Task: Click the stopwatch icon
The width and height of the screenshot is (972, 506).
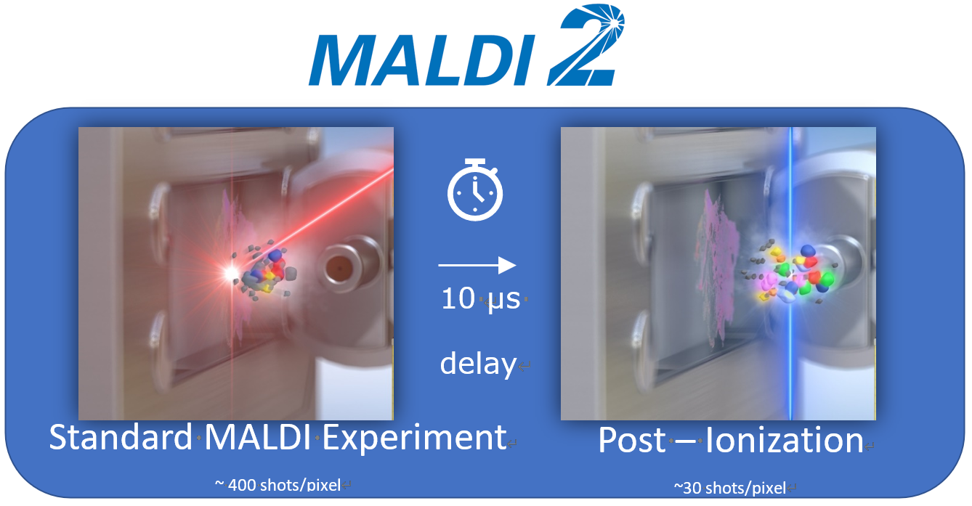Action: (x=475, y=190)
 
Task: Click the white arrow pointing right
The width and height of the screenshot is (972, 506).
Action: (x=477, y=265)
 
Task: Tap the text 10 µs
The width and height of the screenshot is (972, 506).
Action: (x=481, y=298)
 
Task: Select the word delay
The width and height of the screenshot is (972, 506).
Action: (x=478, y=364)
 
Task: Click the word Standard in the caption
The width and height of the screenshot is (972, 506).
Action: (x=120, y=437)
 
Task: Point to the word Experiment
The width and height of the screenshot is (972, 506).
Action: (x=414, y=438)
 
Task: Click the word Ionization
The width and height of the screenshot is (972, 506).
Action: (x=785, y=441)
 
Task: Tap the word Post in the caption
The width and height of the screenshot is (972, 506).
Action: (x=632, y=441)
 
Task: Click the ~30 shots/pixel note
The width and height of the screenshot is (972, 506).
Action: (x=730, y=488)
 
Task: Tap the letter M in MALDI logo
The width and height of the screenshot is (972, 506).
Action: (x=343, y=60)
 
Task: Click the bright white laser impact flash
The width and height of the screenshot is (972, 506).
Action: (x=230, y=273)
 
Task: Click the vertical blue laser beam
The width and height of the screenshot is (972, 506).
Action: (x=790, y=273)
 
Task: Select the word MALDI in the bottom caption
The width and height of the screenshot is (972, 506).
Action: (x=258, y=437)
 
